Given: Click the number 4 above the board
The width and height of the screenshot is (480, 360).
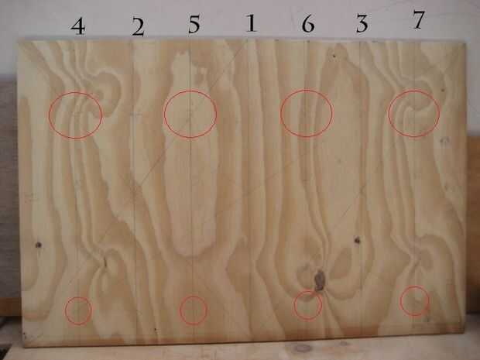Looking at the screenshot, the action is click(78, 26).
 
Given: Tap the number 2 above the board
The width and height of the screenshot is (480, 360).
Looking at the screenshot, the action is click(138, 27).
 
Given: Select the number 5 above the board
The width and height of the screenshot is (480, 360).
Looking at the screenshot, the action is click(194, 24).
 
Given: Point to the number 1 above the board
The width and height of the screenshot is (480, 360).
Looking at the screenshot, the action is click(252, 23).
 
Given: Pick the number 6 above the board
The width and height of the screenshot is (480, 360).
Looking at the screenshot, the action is click(308, 23).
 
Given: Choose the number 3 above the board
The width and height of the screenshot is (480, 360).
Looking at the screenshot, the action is click(362, 24).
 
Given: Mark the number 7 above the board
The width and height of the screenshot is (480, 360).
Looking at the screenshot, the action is click(418, 20).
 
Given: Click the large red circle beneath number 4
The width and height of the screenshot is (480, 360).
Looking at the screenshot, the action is click(49, 115).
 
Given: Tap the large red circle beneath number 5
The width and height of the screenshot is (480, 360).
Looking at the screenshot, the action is click(164, 114).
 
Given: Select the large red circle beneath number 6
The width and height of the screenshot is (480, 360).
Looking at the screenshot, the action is click(281, 113).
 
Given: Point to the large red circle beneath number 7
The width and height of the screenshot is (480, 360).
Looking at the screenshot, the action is click(389, 114).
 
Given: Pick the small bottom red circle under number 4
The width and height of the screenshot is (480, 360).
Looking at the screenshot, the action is click(65, 310).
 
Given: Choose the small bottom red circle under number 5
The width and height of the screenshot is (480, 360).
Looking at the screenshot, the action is click(180, 310).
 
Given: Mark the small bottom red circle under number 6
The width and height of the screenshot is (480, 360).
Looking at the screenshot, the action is click(294, 306).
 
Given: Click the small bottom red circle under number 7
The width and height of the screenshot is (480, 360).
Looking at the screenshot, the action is click(400, 300).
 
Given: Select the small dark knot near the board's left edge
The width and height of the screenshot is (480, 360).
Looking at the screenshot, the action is click(38, 245).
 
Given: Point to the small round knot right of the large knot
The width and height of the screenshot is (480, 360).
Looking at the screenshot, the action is click(357, 240).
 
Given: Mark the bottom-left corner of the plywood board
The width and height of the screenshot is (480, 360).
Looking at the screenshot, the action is click(25, 346).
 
